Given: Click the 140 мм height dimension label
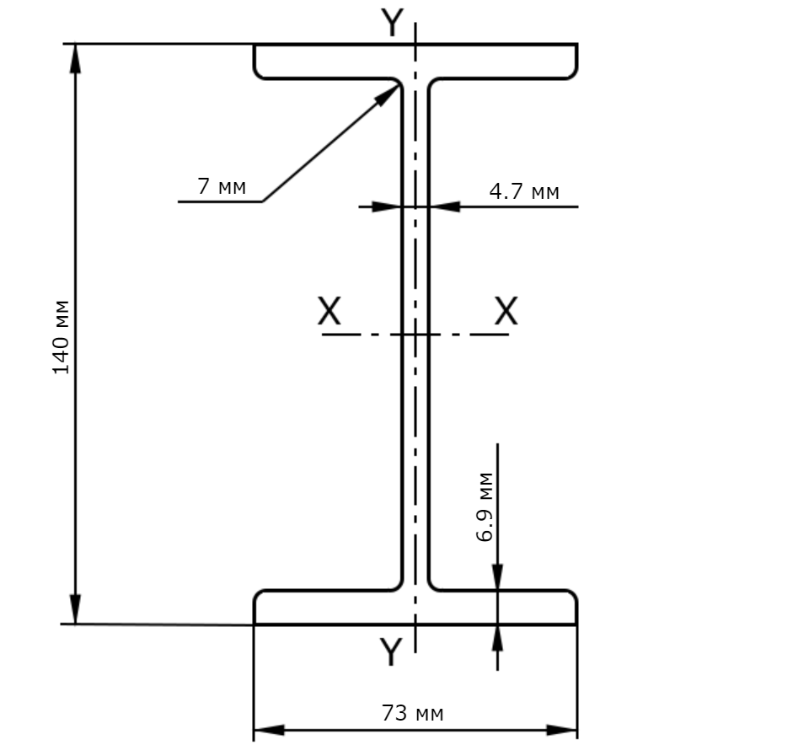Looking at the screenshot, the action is pyautogui.click(x=61, y=337).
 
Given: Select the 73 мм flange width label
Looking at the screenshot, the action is pyautogui.click(x=412, y=713).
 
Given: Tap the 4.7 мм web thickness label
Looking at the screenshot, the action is pyautogui.click(x=523, y=191).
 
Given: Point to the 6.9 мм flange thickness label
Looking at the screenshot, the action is pyautogui.click(x=485, y=506).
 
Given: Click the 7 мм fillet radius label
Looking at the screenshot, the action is pyautogui.click(x=222, y=185).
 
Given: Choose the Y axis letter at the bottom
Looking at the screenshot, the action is pyautogui.click(x=391, y=651).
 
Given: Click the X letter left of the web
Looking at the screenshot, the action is pyautogui.click(x=329, y=311).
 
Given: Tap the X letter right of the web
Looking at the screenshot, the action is pyautogui.click(x=506, y=311).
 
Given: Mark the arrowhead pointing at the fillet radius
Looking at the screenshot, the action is pyautogui.click(x=388, y=95).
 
